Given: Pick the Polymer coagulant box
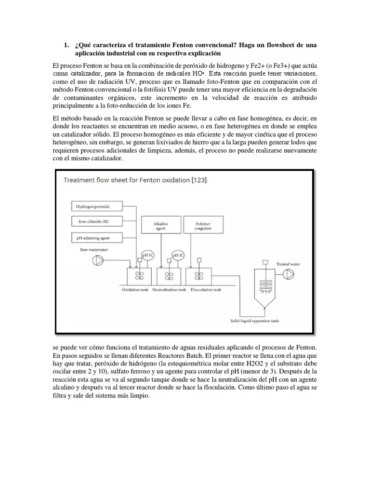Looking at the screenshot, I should tap(203, 227).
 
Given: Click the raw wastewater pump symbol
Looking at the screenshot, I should tap(98, 261).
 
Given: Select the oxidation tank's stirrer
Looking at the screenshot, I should tap(139, 276).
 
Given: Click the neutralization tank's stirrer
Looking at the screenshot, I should tap(169, 276).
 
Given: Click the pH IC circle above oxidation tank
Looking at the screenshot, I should tap(148, 256).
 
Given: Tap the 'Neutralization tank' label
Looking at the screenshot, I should tap(170, 290).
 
